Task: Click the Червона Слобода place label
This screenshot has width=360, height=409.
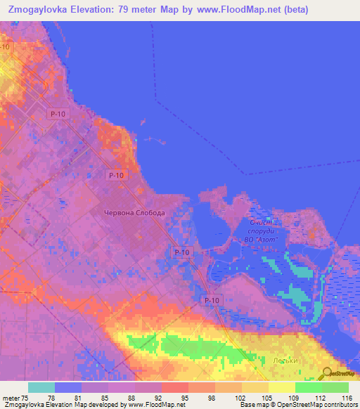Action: tap(134, 213)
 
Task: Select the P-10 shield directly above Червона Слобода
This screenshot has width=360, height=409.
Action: tap(116, 175)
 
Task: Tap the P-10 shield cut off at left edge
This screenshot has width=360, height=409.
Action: tap(6, 46)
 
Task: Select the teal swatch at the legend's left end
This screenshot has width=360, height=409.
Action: tap(41, 387)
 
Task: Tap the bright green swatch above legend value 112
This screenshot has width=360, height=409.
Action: tap(309, 387)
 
